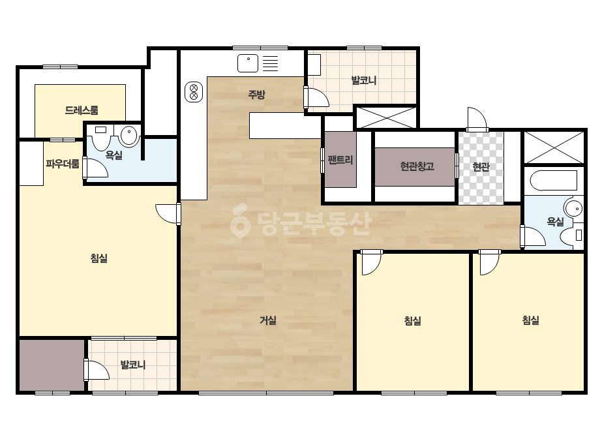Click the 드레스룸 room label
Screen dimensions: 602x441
(82, 110)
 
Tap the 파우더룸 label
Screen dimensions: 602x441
(63, 164)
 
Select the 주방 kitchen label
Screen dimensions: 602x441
(256, 95)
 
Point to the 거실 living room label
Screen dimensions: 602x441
(268, 320)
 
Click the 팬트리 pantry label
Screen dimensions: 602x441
(340, 160)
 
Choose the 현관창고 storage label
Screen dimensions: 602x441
(417, 166)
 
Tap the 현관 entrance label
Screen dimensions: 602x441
(481, 167)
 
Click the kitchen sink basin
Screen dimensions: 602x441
(248, 63)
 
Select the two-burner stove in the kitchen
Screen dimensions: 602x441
(194, 92)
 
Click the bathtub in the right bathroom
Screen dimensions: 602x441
(554, 181)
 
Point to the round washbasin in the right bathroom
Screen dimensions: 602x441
(574, 209)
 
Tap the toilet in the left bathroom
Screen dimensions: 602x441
(101, 137)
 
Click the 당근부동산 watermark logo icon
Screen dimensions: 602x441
(240, 221)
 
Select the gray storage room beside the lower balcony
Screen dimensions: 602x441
(52, 365)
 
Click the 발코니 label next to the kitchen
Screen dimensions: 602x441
(363, 81)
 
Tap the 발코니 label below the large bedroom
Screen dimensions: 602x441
(133, 365)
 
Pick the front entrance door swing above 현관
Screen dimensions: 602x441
(477, 119)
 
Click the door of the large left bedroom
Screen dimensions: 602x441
(168, 214)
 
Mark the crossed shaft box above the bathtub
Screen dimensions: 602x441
(554, 147)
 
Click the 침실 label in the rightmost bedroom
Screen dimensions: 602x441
(531, 320)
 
